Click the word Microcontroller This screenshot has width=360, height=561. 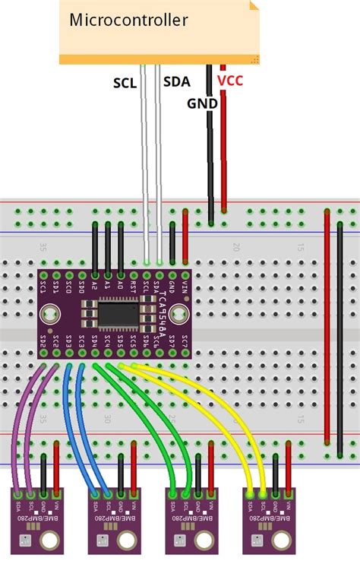pos(128,21)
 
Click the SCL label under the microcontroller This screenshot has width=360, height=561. pos(125,83)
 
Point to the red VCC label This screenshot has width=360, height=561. pos(230,79)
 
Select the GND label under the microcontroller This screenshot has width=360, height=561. pos(203,103)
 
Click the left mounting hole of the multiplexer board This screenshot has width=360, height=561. pos(50,312)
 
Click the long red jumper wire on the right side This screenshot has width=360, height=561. pos(327,334)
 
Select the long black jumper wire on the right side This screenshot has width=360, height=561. pos(340,334)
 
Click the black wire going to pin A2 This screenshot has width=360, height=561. pos(94,247)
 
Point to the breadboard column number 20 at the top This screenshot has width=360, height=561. pos(237,247)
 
